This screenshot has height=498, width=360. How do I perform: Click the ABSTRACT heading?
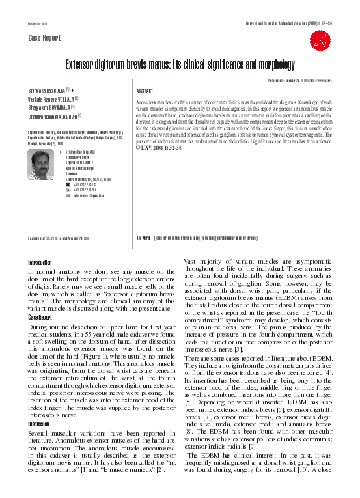point(144,91)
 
